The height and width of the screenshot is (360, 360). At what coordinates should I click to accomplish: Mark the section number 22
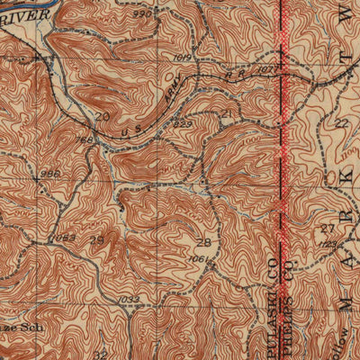point(340,123)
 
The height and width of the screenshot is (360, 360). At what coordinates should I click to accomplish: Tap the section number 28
point(205,243)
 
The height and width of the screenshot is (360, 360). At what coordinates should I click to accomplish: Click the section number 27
point(325,230)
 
